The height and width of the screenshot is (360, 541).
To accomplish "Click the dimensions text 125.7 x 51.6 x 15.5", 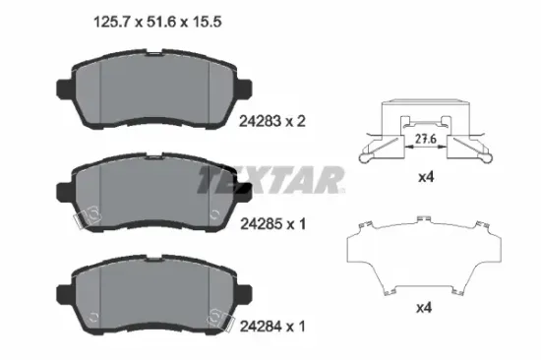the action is coord(157,22).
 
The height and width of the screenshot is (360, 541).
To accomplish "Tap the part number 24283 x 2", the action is coord(272,121).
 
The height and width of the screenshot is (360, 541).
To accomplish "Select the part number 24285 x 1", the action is coord(272,224).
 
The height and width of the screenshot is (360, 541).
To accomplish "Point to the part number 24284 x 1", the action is coord(272,327).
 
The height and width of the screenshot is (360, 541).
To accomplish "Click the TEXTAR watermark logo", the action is coord(271,180).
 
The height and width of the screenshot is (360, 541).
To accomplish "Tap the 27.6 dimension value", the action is coord(426,139).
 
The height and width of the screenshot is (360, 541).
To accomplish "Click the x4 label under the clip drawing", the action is coord(426,177).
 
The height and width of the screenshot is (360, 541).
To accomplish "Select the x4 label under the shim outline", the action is coord(424,308).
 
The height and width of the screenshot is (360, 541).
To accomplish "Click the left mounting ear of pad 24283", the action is coord(64,89).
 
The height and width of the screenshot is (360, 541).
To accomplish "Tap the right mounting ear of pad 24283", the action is coord(244,89).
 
